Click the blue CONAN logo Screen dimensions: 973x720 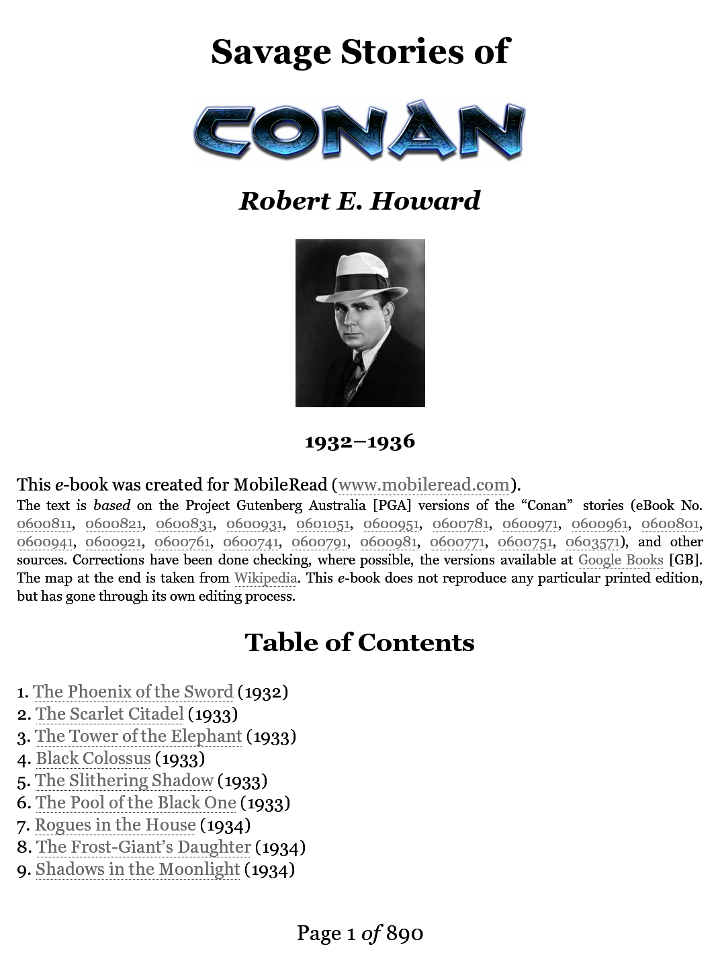click(x=359, y=130)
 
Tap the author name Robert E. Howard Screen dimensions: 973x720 click(x=359, y=201)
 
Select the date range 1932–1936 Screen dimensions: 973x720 click(x=359, y=441)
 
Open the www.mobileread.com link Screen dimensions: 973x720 click(x=424, y=484)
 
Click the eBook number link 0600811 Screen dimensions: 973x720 click(x=44, y=524)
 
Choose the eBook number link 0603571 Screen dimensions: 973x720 click(x=592, y=542)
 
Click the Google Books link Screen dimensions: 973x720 click(x=620, y=560)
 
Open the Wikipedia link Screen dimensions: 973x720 click(x=265, y=578)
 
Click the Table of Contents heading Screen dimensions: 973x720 click(x=359, y=642)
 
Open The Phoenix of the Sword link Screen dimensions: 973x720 click(x=133, y=691)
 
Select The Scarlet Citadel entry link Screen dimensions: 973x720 click(x=109, y=714)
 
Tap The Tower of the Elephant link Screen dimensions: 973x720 click(x=138, y=736)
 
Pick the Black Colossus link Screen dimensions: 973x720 click(x=93, y=758)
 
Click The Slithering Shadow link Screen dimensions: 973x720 click(x=124, y=780)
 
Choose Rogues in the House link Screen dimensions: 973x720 click(x=116, y=824)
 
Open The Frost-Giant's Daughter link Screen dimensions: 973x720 click(x=143, y=847)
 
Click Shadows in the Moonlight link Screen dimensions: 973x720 click(x=138, y=869)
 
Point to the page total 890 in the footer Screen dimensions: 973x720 click(x=404, y=933)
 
